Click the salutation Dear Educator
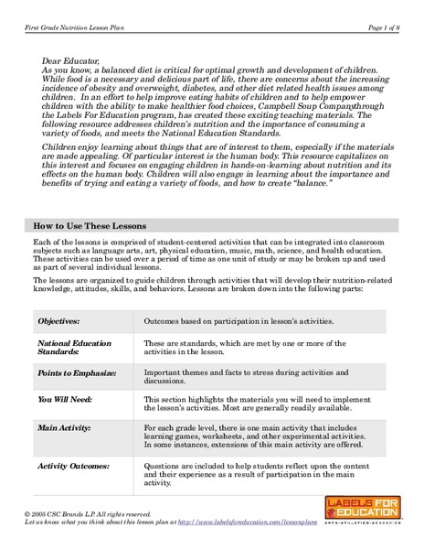click(72, 60)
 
